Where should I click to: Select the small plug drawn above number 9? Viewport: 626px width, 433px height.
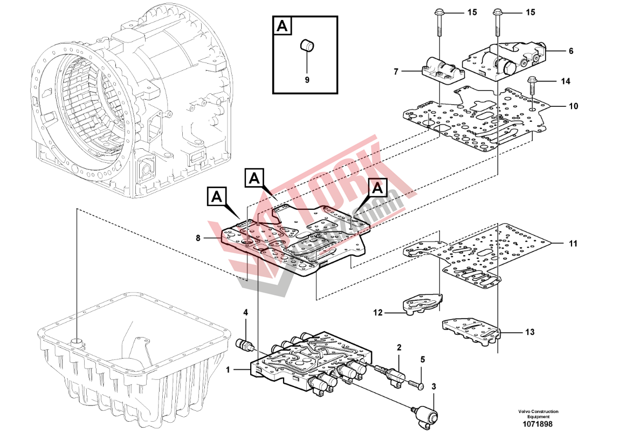click(307, 46)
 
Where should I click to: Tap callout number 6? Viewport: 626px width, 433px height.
click(570, 51)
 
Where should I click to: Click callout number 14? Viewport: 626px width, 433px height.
click(565, 81)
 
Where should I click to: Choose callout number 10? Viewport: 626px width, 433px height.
click(573, 106)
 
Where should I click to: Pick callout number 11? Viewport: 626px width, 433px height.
click(573, 244)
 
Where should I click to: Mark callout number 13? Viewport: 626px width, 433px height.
click(530, 332)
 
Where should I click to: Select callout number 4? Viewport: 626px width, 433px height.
click(245, 312)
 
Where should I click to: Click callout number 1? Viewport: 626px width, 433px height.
click(228, 370)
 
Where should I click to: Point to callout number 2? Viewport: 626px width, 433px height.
click(399, 348)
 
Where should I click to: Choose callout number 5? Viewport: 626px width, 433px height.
click(422, 359)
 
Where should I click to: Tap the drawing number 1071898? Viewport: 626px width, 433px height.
click(538, 424)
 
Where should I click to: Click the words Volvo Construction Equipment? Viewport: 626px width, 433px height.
click(538, 414)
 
